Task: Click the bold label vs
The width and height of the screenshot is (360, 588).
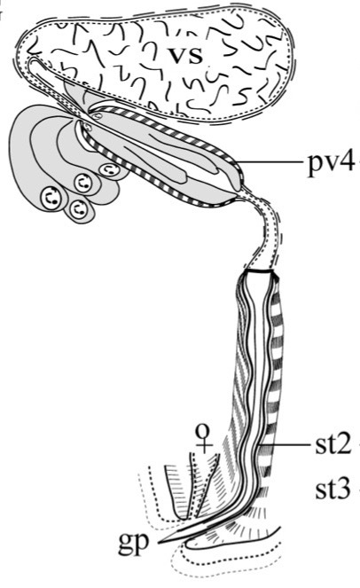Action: click(x=185, y=56)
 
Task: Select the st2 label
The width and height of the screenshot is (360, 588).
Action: click(x=333, y=444)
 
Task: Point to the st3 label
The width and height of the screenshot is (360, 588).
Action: click(x=333, y=489)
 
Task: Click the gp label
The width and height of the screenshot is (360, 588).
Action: click(x=134, y=543)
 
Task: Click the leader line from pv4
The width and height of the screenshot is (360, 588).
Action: click(x=270, y=162)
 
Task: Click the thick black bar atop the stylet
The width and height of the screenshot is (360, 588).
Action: click(x=258, y=270)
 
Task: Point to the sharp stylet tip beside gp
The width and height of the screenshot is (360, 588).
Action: click(x=160, y=542)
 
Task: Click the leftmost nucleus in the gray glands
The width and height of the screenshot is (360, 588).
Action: click(x=51, y=197)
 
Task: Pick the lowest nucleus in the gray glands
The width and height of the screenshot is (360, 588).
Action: click(x=78, y=208)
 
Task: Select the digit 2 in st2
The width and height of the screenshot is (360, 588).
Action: click(x=343, y=444)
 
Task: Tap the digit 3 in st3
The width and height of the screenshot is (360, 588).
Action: click(x=343, y=489)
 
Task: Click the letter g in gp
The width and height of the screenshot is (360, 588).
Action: click(x=126, y=545)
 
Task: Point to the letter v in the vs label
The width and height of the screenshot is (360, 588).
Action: click(x=176, y=56)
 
